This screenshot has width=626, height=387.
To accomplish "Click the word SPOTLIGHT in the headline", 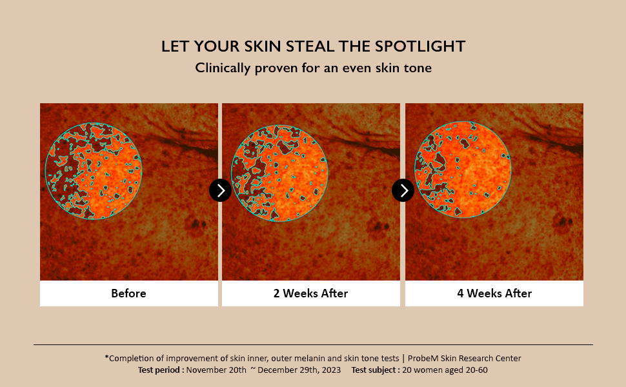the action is (420, 46).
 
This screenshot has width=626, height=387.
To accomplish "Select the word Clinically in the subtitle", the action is (223, 68).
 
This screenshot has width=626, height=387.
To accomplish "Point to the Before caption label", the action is (128, 293).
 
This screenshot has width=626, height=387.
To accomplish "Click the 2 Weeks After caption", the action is (310, 293).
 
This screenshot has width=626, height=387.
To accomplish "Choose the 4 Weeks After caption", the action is (494, 293).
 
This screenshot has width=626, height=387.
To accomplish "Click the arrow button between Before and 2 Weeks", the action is (220, 190).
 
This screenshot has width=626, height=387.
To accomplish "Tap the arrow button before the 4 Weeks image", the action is (403, 190).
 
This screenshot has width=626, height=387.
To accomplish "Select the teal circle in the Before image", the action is (45, 171).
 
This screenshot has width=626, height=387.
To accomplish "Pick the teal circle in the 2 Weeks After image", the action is (231, 173).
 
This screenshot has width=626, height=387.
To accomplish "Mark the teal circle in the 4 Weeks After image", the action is (414, 170).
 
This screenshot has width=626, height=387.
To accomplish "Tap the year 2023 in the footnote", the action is (330, 370).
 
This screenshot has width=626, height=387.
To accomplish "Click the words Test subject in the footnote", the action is (376, 370).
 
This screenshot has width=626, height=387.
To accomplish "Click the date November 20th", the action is (216, 370).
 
